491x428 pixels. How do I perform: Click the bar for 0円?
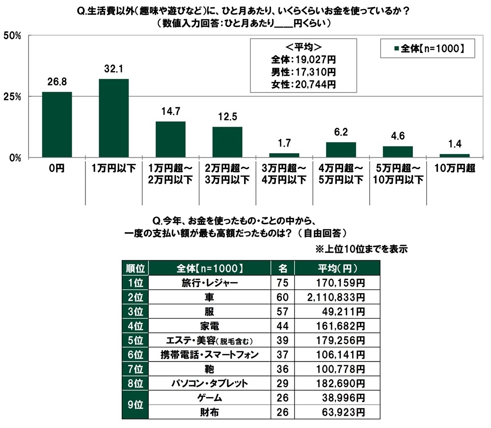(x=57, y=125)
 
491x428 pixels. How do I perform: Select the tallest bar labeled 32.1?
(x=113, y=118)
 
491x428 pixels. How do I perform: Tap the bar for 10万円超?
(x=455, y=156)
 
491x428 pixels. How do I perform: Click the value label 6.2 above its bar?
(x=341, y=133)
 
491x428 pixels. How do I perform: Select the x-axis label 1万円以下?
(x=113, y=168)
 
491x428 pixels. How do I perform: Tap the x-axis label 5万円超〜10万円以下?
(x=398, y=174)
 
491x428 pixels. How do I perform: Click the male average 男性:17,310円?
(x=303, y=72)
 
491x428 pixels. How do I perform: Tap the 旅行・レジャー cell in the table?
(x=210, y=283)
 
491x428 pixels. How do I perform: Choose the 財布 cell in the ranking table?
(x=210, y=411)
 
